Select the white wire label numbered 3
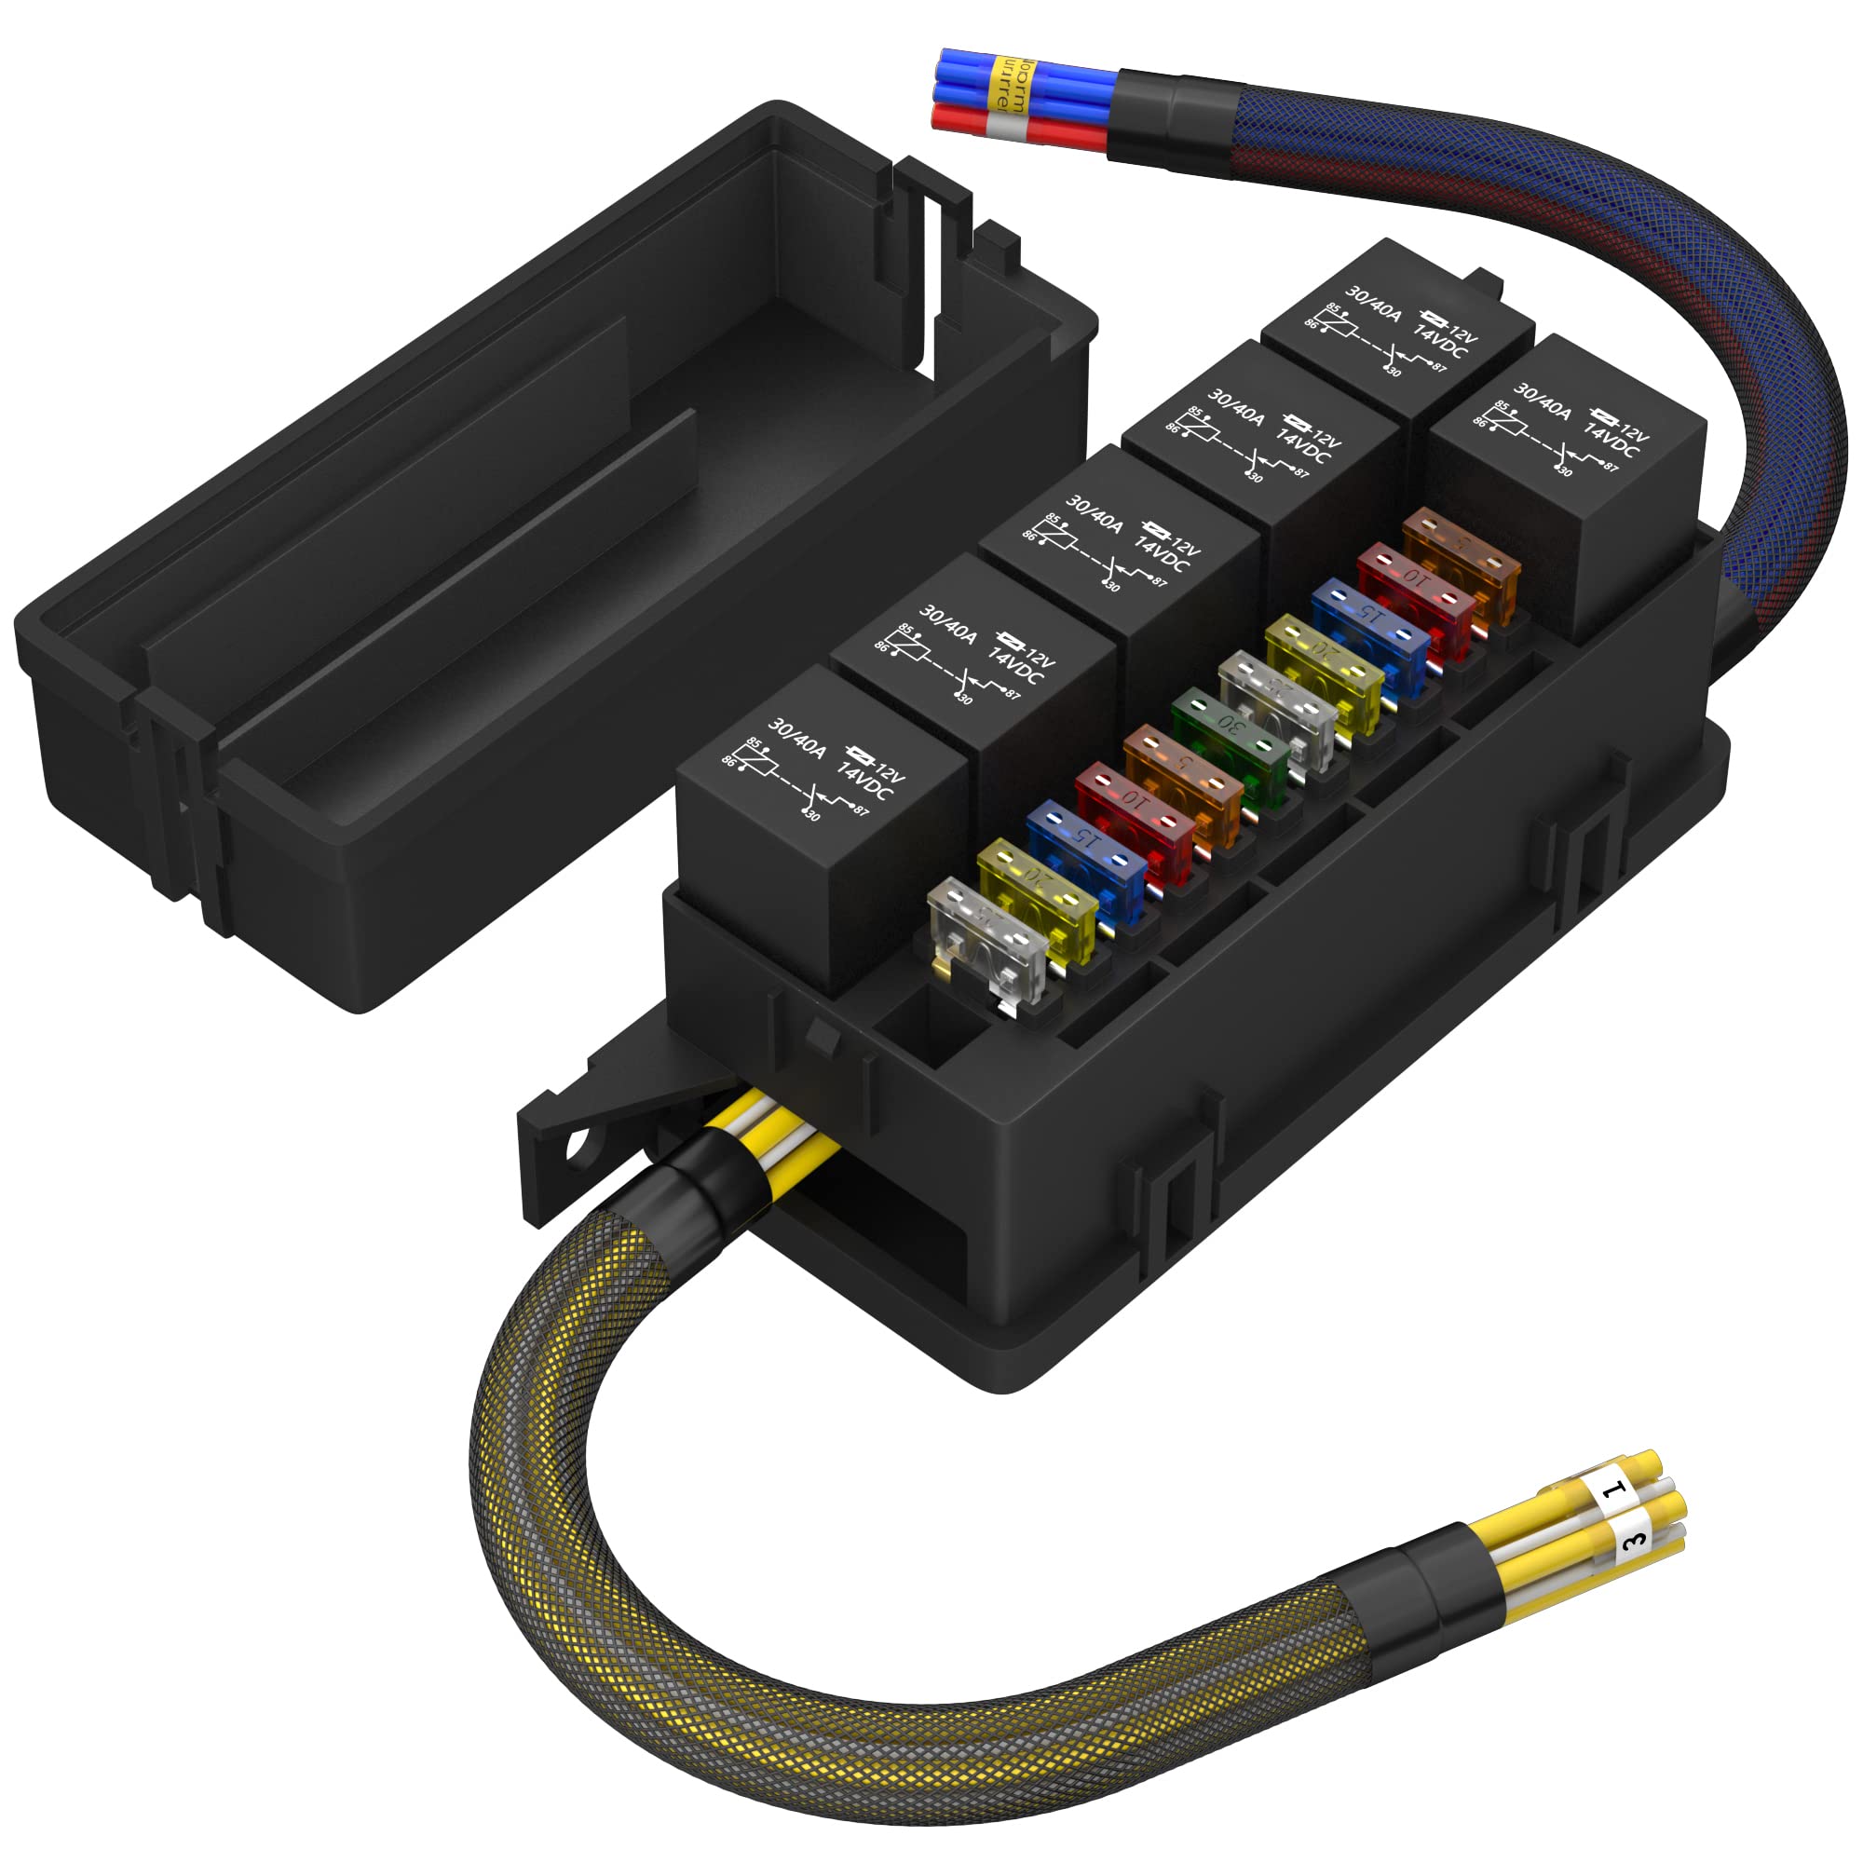pyautogui.click(x=1633, y=1540)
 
